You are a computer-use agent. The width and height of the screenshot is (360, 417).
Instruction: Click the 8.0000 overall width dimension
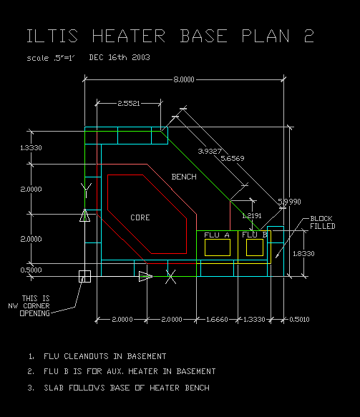[184, 79]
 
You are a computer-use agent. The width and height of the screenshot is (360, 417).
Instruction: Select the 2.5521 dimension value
[129, 103]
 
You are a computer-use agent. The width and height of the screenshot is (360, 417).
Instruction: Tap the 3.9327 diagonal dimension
[210, 152]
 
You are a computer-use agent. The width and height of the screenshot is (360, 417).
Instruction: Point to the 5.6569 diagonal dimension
[233, 159]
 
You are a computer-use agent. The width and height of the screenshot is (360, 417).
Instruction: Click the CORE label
[140, 217]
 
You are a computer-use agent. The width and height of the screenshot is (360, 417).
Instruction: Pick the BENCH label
[184, 177]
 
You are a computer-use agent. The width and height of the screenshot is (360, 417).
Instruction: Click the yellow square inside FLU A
[218, 247]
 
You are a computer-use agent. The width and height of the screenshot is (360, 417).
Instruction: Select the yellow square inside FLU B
[255, 247]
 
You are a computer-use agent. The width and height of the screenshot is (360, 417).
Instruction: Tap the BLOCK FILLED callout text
[323, 222]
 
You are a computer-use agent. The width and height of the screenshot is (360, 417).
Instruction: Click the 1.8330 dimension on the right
[303, 254]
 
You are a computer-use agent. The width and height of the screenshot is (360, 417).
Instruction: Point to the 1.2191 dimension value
[252, 216]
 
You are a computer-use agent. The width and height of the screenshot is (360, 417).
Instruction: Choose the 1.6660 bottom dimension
[217, 320]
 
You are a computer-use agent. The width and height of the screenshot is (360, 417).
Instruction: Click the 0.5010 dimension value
[299, 320]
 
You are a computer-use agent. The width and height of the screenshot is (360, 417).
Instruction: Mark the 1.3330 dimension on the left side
[31, 148]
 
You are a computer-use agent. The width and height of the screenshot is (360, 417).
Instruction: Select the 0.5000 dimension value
[31, 270]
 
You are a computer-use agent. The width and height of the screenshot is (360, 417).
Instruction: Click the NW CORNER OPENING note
[29, 306]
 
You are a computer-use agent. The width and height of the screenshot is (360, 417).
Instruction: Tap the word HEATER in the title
[129, 36]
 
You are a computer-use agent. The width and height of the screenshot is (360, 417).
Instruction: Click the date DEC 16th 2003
[120, 57]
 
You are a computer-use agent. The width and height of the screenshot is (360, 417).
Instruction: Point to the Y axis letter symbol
[86, 190]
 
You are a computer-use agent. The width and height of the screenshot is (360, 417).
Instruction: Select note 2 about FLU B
[122, 371]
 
